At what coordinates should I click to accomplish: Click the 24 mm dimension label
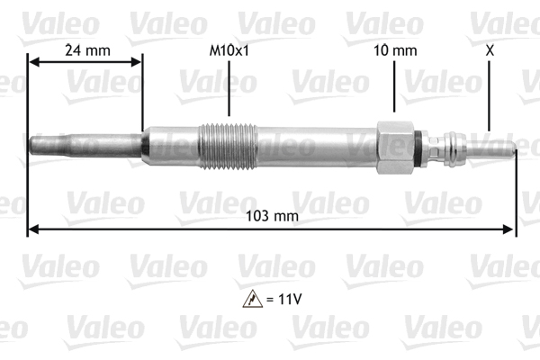(87, 51)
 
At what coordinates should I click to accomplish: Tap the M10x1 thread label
(229, 51)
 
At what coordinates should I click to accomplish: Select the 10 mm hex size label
(396, 51)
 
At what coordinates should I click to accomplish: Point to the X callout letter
(490, 51)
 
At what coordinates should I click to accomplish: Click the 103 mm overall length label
(273, 216)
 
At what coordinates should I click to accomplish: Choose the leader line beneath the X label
(490, 94)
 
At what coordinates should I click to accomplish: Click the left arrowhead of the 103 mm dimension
(33, 229)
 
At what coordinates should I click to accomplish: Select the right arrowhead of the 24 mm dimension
(137, 62)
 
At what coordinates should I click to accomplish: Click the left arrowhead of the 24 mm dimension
(34, 62)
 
